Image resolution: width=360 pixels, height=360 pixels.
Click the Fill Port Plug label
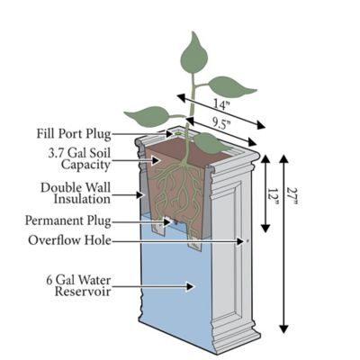(x=74, y=134)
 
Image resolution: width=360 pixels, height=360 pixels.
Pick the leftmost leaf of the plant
(x=146, y=116)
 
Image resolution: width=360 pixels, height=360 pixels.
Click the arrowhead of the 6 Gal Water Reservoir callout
(x=191, y=287)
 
